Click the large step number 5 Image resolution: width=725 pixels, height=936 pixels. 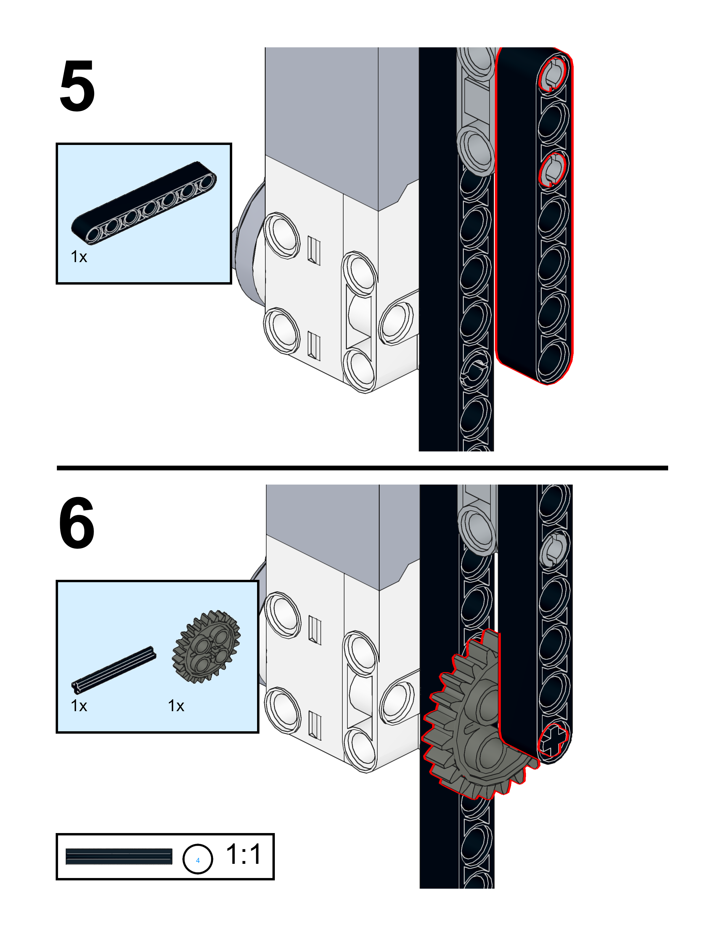[77, 86]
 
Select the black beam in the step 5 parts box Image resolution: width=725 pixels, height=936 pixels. [144, 204]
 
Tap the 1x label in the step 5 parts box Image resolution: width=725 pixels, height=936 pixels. [79, 257]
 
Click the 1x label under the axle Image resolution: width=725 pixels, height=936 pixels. [79, 706]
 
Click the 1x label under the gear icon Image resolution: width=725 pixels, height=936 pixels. [176, 706]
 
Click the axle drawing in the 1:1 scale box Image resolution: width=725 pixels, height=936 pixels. [119, 857]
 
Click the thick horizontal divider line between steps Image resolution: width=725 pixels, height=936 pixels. [362, 468]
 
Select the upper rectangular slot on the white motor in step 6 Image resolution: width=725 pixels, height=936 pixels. [315, 630]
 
